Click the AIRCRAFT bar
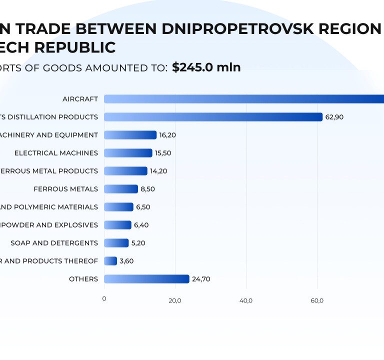tap(244, 99)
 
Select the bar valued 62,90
tap(213, 117)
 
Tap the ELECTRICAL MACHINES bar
tap(128, 153)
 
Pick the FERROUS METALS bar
tap(121, 189)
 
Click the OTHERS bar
tap(146, 279)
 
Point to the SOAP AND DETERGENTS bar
tap(116, 243)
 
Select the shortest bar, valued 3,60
tap(110, 261)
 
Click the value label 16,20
tap(167, 135)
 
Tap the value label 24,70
tap(200, 279)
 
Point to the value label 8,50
tap(148, 189)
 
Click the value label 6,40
tap(141, 225)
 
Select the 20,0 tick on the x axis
tap(175, 300)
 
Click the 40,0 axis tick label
tap(246, 300)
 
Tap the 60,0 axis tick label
tap(317, 300)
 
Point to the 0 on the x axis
tap(104, 299)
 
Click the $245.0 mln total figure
tap(206, 67)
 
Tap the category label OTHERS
tap(83, 279)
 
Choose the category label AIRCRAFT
tap(80, 99)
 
